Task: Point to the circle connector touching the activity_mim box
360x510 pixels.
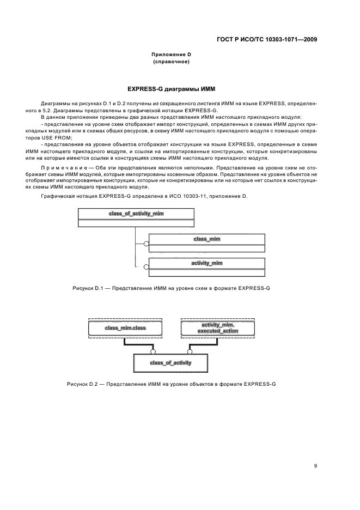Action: [x=145, y=266]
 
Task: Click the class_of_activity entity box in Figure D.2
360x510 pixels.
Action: [x=170, y=362]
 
